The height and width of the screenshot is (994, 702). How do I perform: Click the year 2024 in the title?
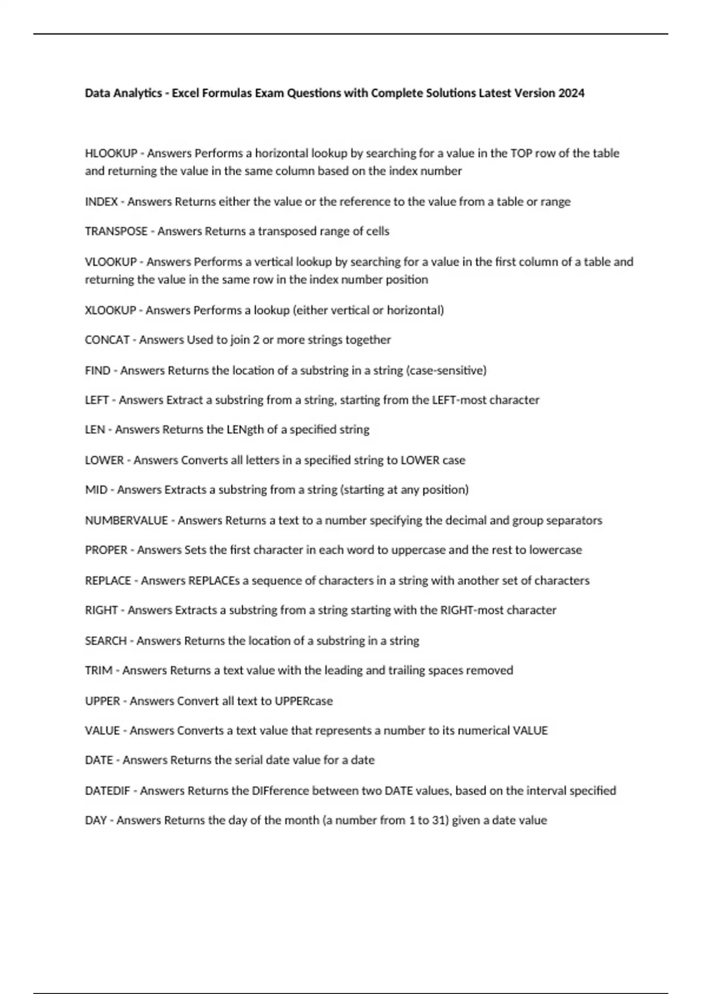click(571, 93)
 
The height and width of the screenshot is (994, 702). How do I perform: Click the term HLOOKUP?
click(111, 153)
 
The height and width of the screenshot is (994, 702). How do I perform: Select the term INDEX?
click(101, 202)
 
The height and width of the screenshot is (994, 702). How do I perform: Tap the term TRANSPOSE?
click(116, 232)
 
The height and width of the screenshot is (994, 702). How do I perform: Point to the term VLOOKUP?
click(111, 262)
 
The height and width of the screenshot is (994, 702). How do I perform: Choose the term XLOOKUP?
click(110, 310)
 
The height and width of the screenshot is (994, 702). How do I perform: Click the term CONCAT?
click(107, 340)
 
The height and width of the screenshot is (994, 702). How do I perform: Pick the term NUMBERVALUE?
click(126, 520)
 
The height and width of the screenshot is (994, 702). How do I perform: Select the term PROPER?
click(106, 550)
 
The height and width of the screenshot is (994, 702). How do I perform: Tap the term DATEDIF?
click(108, 791)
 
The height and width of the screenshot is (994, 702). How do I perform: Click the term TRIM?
click(98, 671)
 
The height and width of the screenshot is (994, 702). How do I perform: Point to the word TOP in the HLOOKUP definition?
click(521, 153)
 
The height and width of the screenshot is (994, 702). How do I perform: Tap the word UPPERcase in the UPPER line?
click(304, 701)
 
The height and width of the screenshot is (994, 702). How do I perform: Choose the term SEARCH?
click(106, 641)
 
